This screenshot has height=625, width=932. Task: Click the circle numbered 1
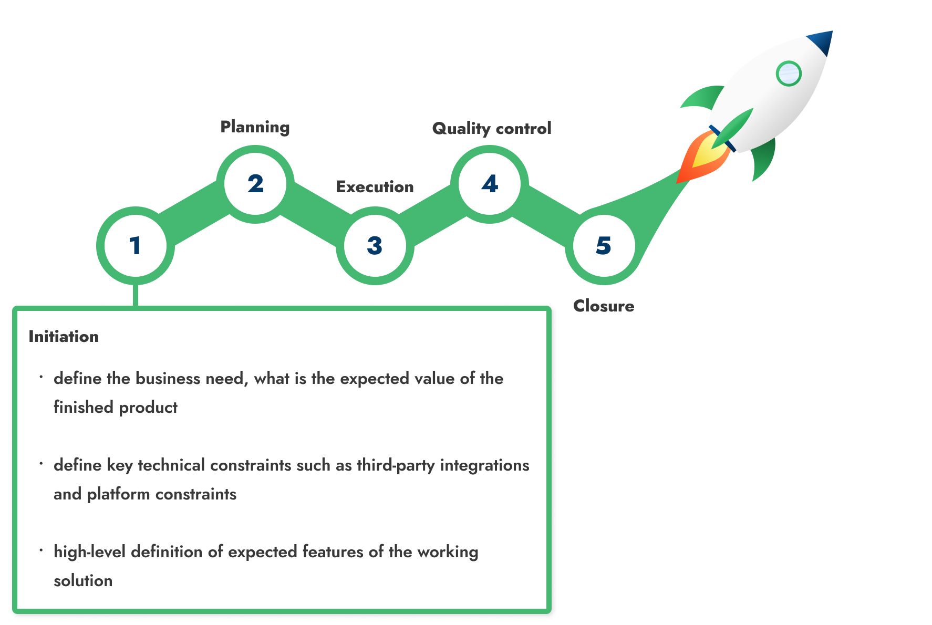click(x=136, y=246)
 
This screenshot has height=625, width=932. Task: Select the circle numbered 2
click(x=255, y=184)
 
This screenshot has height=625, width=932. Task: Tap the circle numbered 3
click(x=375, y=246)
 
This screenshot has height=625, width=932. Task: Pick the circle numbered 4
click(x=490, y=184)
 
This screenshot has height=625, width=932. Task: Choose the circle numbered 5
click(x=604, y=246)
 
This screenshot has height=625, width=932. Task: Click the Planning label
click(x=255, y=127)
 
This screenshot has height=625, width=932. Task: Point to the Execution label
click(x=375, y=187)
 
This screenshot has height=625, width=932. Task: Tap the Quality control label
click(x=491, y=129)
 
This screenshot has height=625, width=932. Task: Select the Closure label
click(x=604, y=306)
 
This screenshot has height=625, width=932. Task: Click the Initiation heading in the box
click(x=64, y=337)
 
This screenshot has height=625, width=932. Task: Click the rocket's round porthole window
click(x=788, y=74)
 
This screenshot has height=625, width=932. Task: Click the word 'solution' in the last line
click(x=83, y=581)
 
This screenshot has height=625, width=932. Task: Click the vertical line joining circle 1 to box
click(x=136, y=295)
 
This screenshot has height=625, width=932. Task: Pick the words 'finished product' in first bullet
click(x=116, y=408)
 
